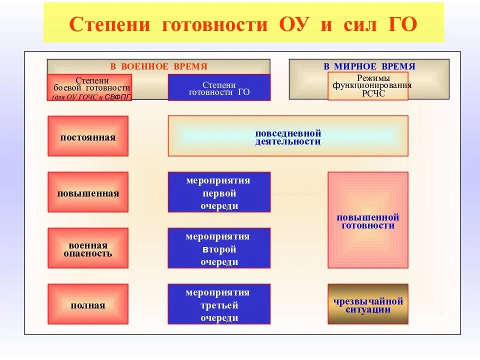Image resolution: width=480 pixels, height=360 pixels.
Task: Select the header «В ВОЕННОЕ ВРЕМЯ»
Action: click(x=158, y=66)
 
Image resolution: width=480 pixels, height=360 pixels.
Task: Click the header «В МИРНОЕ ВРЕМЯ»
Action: click(x=369, y=66)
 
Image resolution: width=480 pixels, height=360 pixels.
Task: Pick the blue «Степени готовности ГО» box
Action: click(x=219, y=88)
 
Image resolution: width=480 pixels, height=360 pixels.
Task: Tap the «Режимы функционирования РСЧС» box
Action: click(x=367, y=86)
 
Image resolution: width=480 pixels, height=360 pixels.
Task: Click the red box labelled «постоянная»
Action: click(x=88, y=136)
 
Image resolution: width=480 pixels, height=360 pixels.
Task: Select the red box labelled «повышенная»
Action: click(x=88, y=192)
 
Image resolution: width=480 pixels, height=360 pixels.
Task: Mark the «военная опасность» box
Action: click(x=88, y=248)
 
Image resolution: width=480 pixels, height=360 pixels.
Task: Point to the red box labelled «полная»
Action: click(x=88, y=304)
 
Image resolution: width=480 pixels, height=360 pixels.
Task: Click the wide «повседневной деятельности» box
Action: click(x=288, y=136)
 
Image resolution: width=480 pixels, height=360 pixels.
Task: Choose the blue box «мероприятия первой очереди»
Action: click(x=219, y=192)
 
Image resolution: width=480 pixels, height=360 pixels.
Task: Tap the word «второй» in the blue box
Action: click(x=219, y=249)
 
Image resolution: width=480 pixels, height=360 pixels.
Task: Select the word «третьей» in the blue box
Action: click(x=219, y=305)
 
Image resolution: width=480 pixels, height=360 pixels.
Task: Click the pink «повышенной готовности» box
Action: click(x=368, y=220)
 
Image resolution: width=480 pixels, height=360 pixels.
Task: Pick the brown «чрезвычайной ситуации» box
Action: click(x=368, y=304)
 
